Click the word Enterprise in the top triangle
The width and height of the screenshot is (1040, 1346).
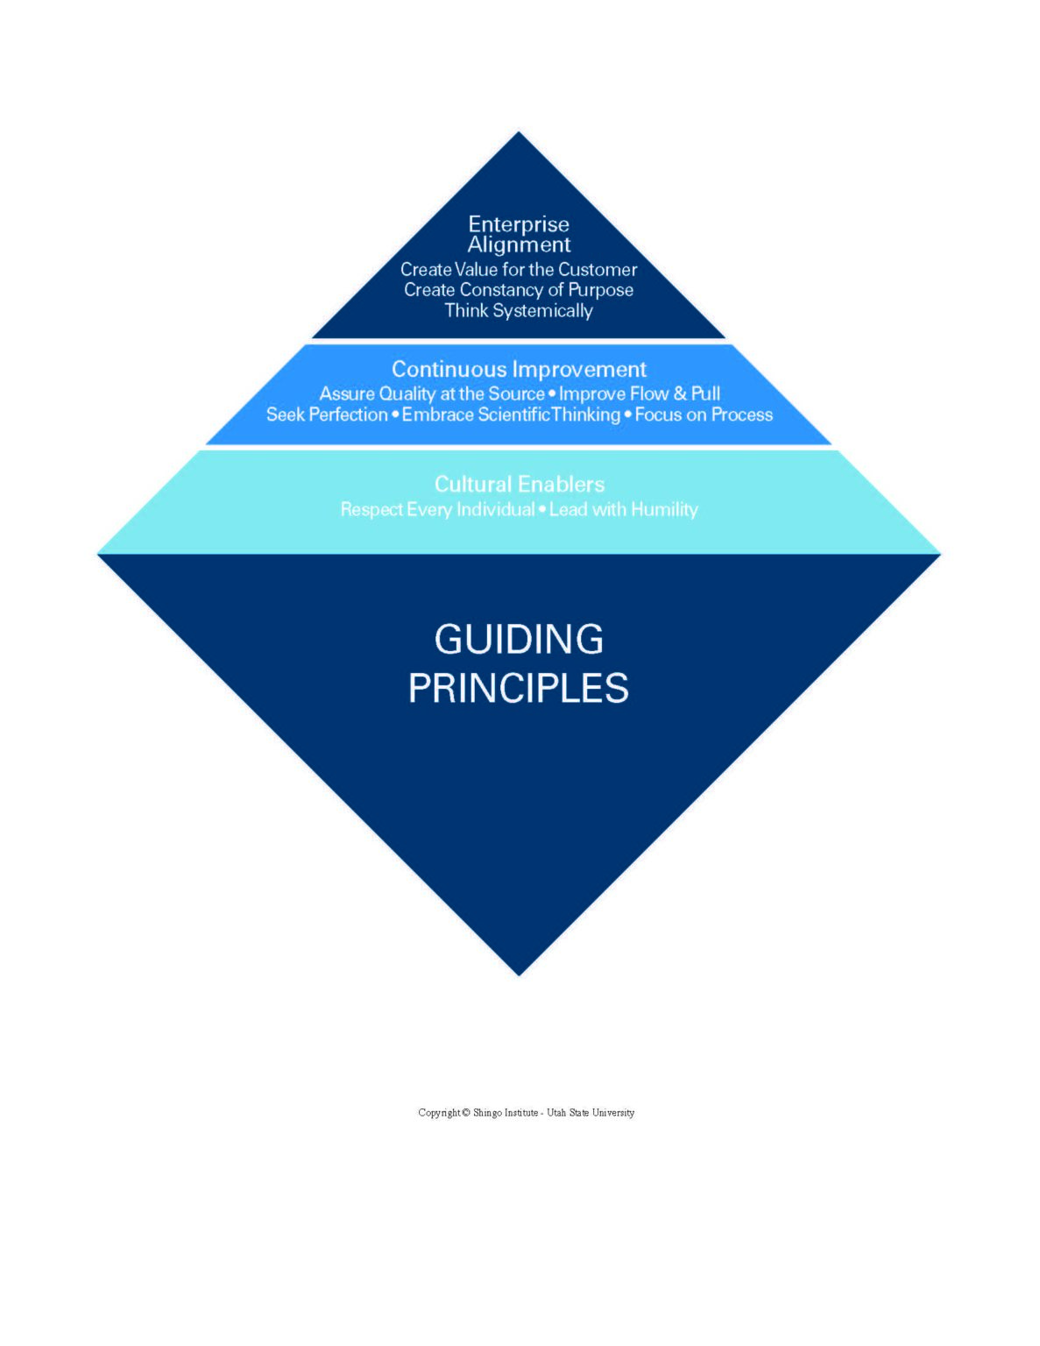(519, 224)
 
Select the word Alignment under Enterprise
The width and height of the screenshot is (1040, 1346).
(519, 245)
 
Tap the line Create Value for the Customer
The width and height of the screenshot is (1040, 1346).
(519, 269)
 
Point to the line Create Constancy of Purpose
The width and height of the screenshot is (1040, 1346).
(519, 290)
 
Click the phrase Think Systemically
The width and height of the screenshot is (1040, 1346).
(519, 311)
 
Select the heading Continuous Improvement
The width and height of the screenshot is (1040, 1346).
(519, 369)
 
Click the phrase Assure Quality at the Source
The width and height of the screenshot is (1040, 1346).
(431, 393)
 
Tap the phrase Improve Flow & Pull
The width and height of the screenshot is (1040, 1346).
(640, 393)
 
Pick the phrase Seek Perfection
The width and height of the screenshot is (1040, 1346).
(327, 414)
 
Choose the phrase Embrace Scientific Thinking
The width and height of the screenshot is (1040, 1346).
(511, 414)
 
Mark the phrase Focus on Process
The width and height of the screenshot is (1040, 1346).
(704, 414)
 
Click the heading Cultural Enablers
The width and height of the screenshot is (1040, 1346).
(520, 484)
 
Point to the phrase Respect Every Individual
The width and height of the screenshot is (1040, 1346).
(437, 510)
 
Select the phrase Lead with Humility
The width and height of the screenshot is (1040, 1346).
(624, 510)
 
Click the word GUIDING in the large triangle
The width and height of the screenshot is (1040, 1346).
(519, 640)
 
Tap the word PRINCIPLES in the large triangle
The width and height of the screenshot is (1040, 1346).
(519, 688)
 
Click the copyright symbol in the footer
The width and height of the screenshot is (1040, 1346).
(466, 1113)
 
